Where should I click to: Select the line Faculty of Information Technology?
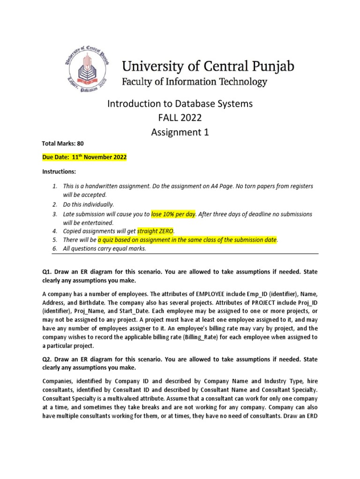pyautogui.click(x=195, y=82)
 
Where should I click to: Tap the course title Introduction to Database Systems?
pyautogui.click(x=180, y=104)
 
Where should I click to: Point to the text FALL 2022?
pyautogui.click(x=180, y=118)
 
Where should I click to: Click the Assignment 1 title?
pyautogui.click(x=180, y=132)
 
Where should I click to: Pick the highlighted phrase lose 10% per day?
pyautogui.click(x=172, y=214)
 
